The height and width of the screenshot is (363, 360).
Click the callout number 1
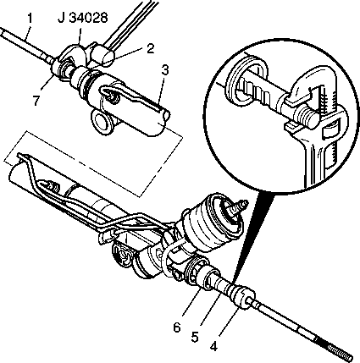[x=30, y=18]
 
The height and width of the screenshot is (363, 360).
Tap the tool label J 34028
[x=82, y=18]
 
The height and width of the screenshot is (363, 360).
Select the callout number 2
[x=150, y=48]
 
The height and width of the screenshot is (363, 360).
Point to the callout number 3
[x=165, y=69]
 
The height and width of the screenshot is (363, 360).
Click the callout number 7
[x=36, y=101]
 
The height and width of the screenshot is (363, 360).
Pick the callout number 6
[x=177, y=327]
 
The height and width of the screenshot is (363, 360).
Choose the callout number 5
[x=194, y=337]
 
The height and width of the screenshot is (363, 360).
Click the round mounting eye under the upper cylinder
[x=101, y=122]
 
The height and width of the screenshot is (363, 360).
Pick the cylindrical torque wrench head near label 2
[x=102, y=54]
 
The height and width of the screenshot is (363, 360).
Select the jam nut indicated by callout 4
[x=243, y=298]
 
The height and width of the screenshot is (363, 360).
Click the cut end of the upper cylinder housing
[x=163, y=120]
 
